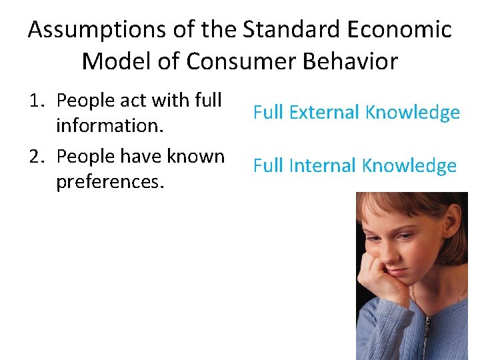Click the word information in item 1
pos(109,125)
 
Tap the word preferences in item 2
pos(109,181)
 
